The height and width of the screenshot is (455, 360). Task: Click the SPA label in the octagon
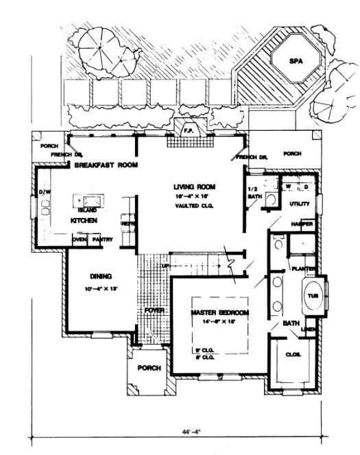[295, 61]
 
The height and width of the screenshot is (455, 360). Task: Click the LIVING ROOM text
[194, 186]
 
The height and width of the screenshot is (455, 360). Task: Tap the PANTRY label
[102, 240]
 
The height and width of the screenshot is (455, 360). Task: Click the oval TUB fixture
[313, 296]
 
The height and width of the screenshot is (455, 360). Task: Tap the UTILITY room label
[300, 204]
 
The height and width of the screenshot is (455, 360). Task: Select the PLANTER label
[302, 269]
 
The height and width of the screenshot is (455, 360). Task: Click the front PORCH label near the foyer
[149, 368]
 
